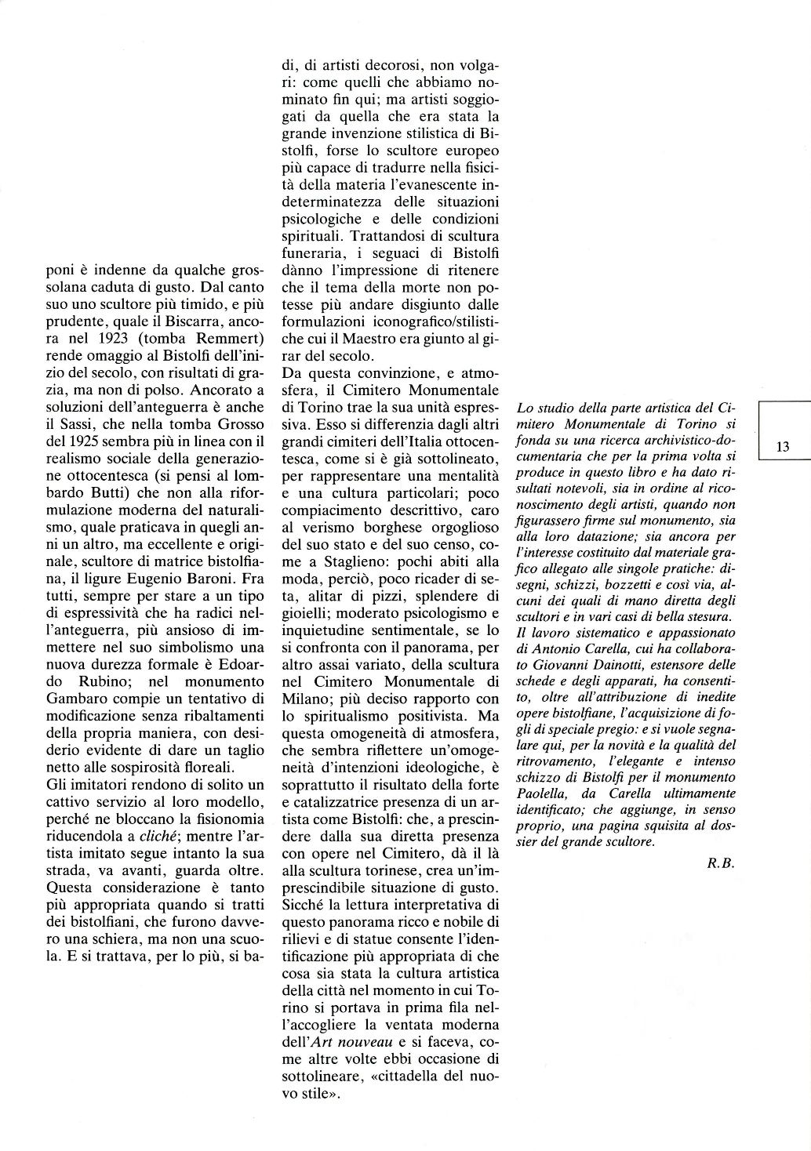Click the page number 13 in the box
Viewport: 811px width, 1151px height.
pyautogui.click(x=782, y=446)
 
